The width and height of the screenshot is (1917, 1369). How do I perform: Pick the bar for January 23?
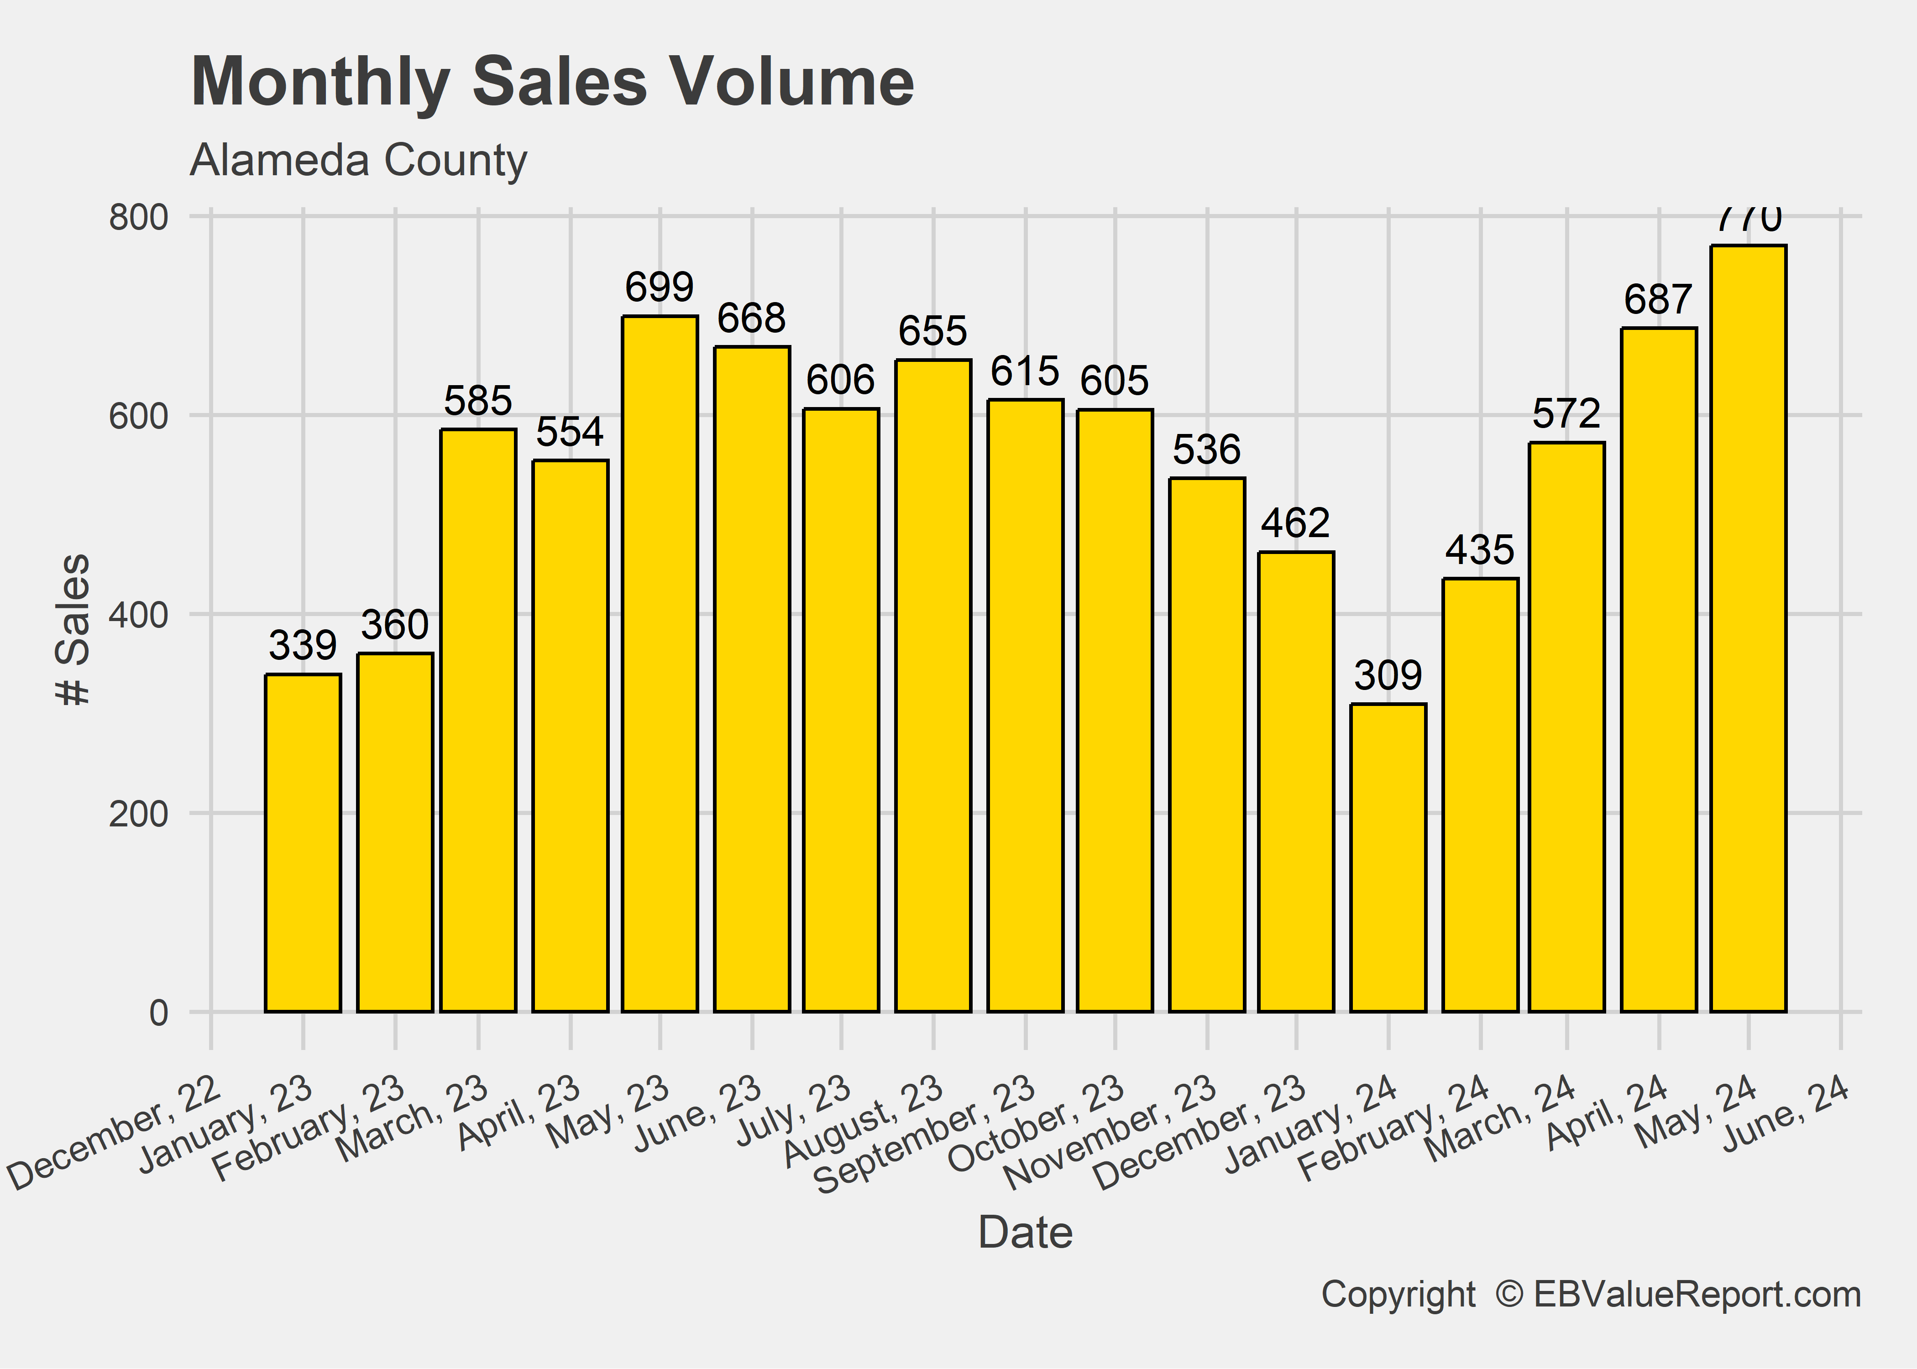coord(303,843)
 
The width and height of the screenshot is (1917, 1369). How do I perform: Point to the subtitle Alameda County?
coord(358,160)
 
